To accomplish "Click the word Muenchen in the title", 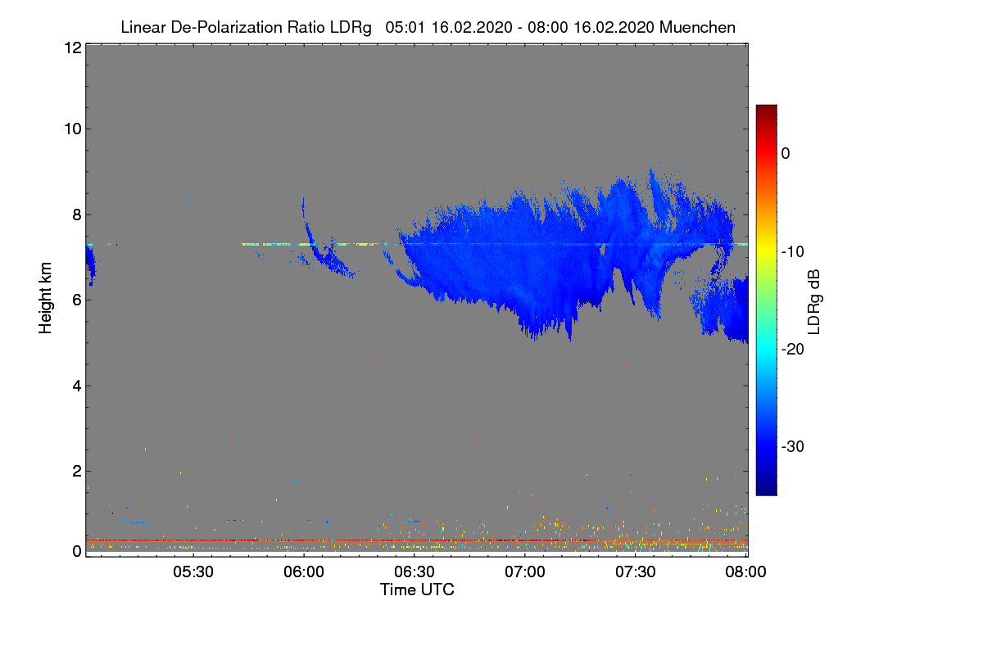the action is click(x=697, y=28).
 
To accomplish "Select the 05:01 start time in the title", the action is click(x=405, y=28).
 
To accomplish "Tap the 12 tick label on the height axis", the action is click(x=73, y=47).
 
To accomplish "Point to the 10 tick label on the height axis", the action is click(x=73, y=129).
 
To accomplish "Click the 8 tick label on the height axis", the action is click(x=78, y=215).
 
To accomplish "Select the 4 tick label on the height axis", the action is click(x=78, y=386).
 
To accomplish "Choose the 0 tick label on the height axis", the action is click(x=78, y=552).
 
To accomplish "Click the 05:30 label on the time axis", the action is click(x=193, y=571).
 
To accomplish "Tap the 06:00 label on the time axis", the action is click(x=304, y=571).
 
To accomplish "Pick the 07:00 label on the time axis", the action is click(x=525, y=571).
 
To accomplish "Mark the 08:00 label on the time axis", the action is click(x=745, y=571).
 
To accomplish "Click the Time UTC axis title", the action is click(x=417, y=589).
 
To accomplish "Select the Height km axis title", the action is click(x=45, y=298).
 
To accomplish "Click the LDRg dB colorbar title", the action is click(x=814, y=302).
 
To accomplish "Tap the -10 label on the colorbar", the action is click(x=793, y=252).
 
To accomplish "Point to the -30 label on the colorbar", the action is click(x=793, y=446).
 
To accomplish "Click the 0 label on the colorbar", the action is click(x=786, y=154).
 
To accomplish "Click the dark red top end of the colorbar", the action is click(x=766, y=107).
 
